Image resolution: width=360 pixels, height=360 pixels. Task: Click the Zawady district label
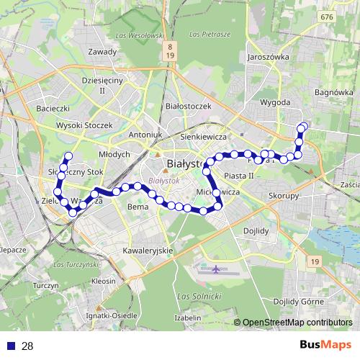pyautogui.click(x=102, y=52)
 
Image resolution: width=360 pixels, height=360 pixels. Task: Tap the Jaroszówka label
pyautogui.click(x=267, y=56)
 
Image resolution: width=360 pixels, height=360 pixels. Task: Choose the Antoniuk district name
pyautogui.click(x=145, y=135)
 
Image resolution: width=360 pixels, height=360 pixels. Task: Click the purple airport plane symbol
pyautogui.click(x=218, y=269)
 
